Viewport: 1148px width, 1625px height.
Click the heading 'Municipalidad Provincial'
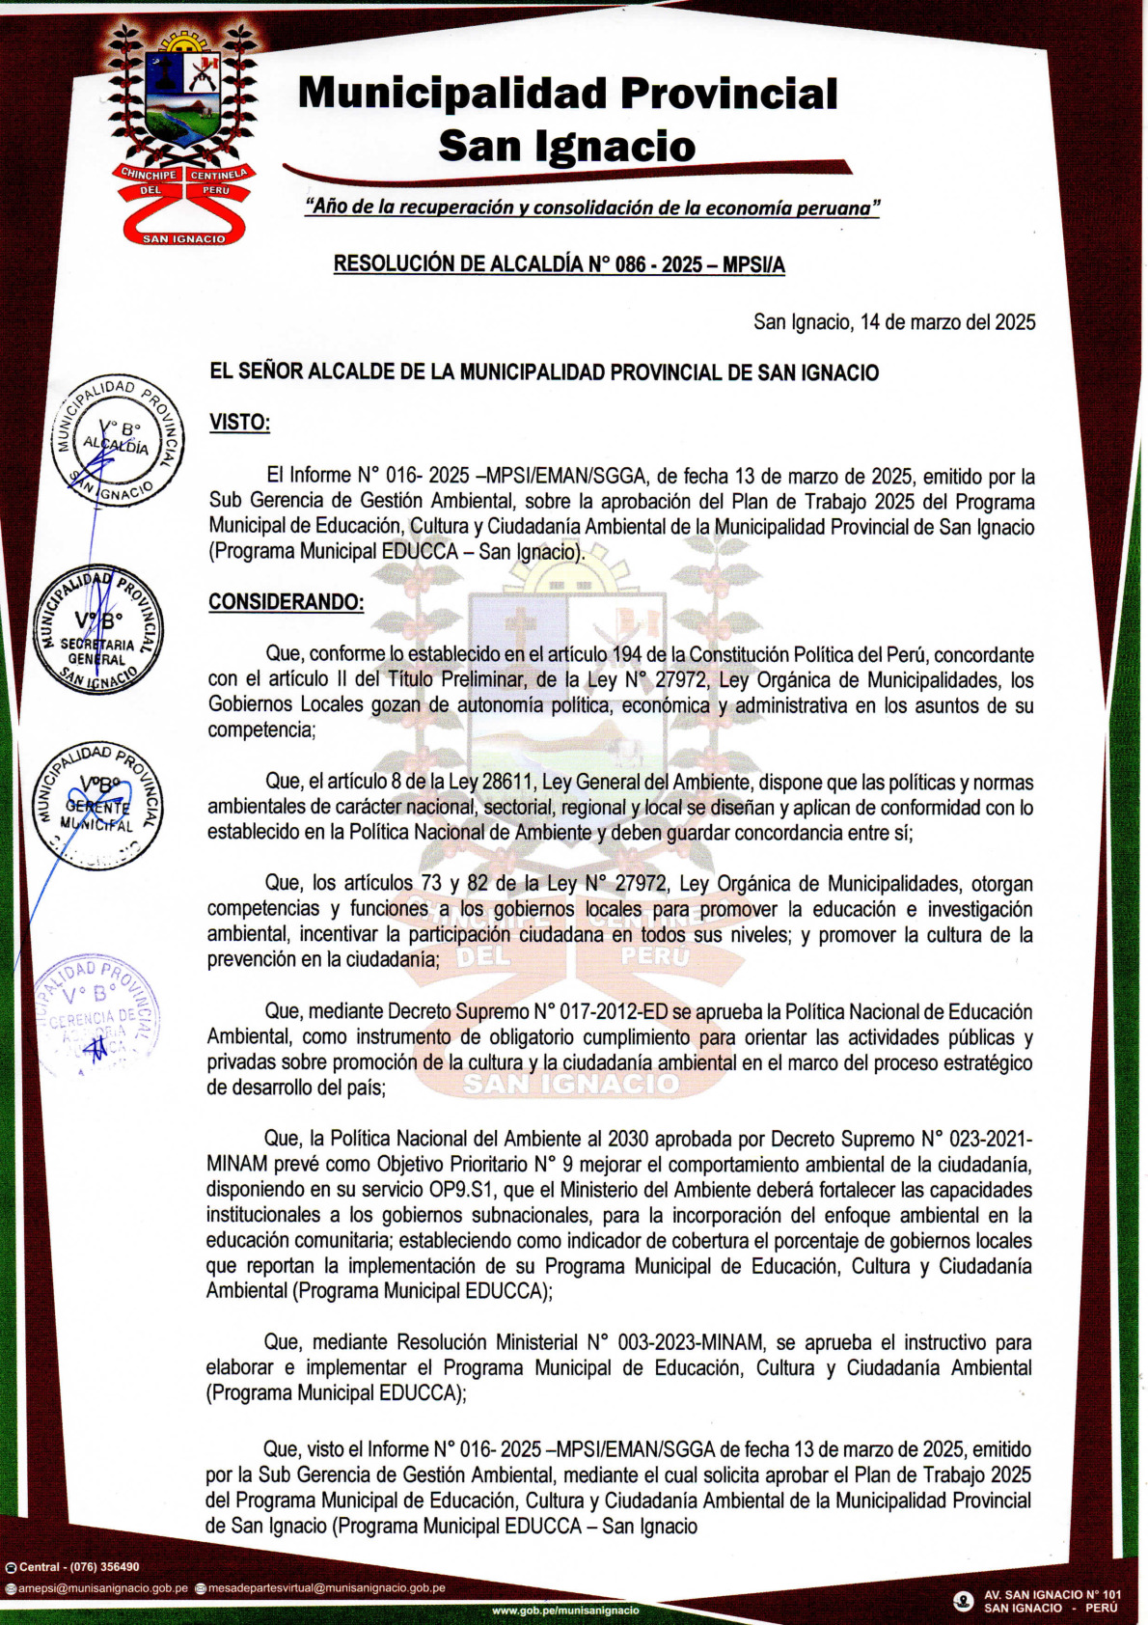[567, 94]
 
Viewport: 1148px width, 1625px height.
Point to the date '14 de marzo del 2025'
[947, 322]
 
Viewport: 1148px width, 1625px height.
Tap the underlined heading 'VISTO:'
[239, 423]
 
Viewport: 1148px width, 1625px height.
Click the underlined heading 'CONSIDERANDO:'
[286, 602]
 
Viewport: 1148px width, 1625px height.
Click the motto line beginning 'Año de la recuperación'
[591, 207]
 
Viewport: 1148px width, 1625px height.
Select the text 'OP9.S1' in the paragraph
[461, 1190]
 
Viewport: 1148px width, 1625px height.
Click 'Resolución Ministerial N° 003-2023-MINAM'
[581, 1342]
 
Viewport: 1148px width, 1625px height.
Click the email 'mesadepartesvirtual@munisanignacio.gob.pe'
[326, 1587]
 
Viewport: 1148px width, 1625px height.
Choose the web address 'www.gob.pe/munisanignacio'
[565, 1611]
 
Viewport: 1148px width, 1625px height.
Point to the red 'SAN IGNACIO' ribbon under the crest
[183, 237]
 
